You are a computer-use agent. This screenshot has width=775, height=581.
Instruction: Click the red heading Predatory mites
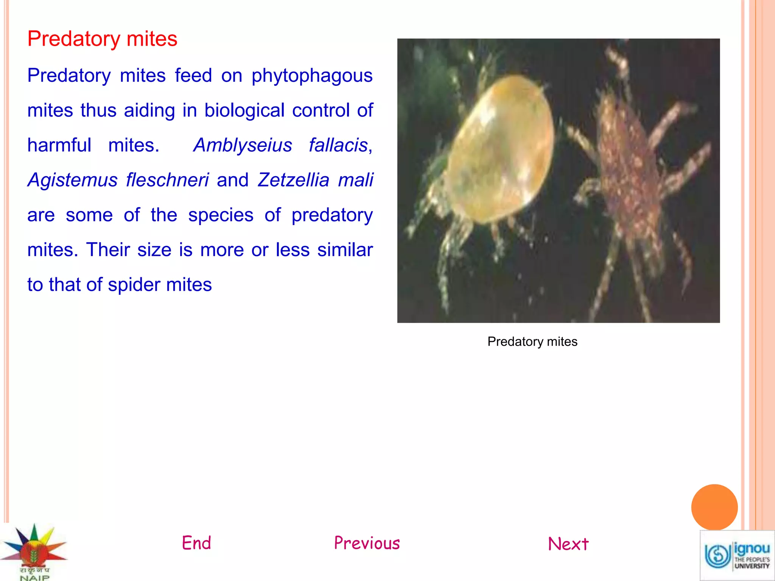point(102,39)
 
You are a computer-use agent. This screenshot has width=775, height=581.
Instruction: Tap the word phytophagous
point(312,76)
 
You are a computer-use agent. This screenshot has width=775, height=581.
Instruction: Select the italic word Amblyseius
point(243,145)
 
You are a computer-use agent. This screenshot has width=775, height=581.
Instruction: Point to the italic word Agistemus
point(72,180)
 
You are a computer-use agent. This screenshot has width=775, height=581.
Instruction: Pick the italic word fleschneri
point(167,180)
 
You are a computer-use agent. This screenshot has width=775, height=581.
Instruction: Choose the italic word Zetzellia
point(293,180)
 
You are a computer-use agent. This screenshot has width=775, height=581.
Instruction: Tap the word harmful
point(59,145)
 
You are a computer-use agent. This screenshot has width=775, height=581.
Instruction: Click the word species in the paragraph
point(221,215)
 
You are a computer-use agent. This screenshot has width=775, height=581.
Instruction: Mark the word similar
point(345,250)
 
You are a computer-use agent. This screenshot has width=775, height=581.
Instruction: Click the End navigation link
point(196,543)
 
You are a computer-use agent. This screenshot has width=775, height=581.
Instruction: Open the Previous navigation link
point(367,543)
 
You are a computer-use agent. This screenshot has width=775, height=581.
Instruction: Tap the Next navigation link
point(568,544)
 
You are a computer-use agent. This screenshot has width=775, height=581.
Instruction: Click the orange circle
point(714,507)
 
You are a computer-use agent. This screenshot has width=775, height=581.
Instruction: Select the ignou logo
point(737,555)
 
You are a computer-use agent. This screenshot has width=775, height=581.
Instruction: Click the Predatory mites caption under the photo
point(532,342)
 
